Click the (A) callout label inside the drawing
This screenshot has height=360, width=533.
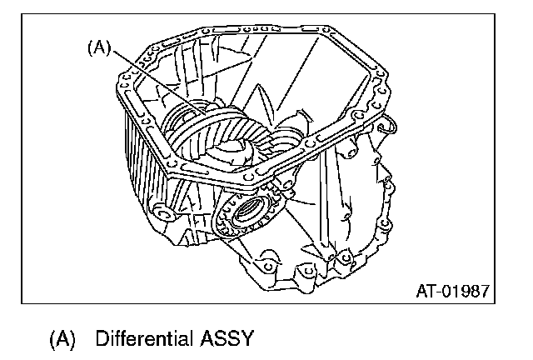[99, 48]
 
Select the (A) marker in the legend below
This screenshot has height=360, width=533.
[62, 339]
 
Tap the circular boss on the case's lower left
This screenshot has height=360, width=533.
[163, 214]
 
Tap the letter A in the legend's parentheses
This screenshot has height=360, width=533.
[62, 339]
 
